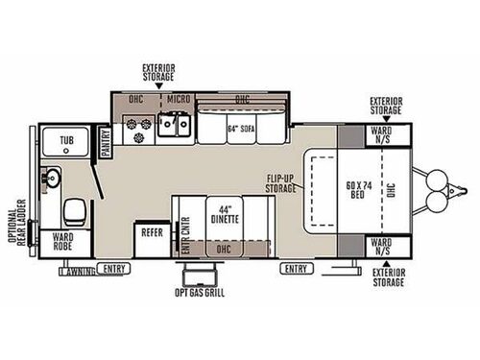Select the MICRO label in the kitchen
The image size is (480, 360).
coord(177,98)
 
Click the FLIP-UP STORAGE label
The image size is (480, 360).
coord(282,183)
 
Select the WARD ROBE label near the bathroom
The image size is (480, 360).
coord(64,244)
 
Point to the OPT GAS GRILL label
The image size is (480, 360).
coord(200,292)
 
